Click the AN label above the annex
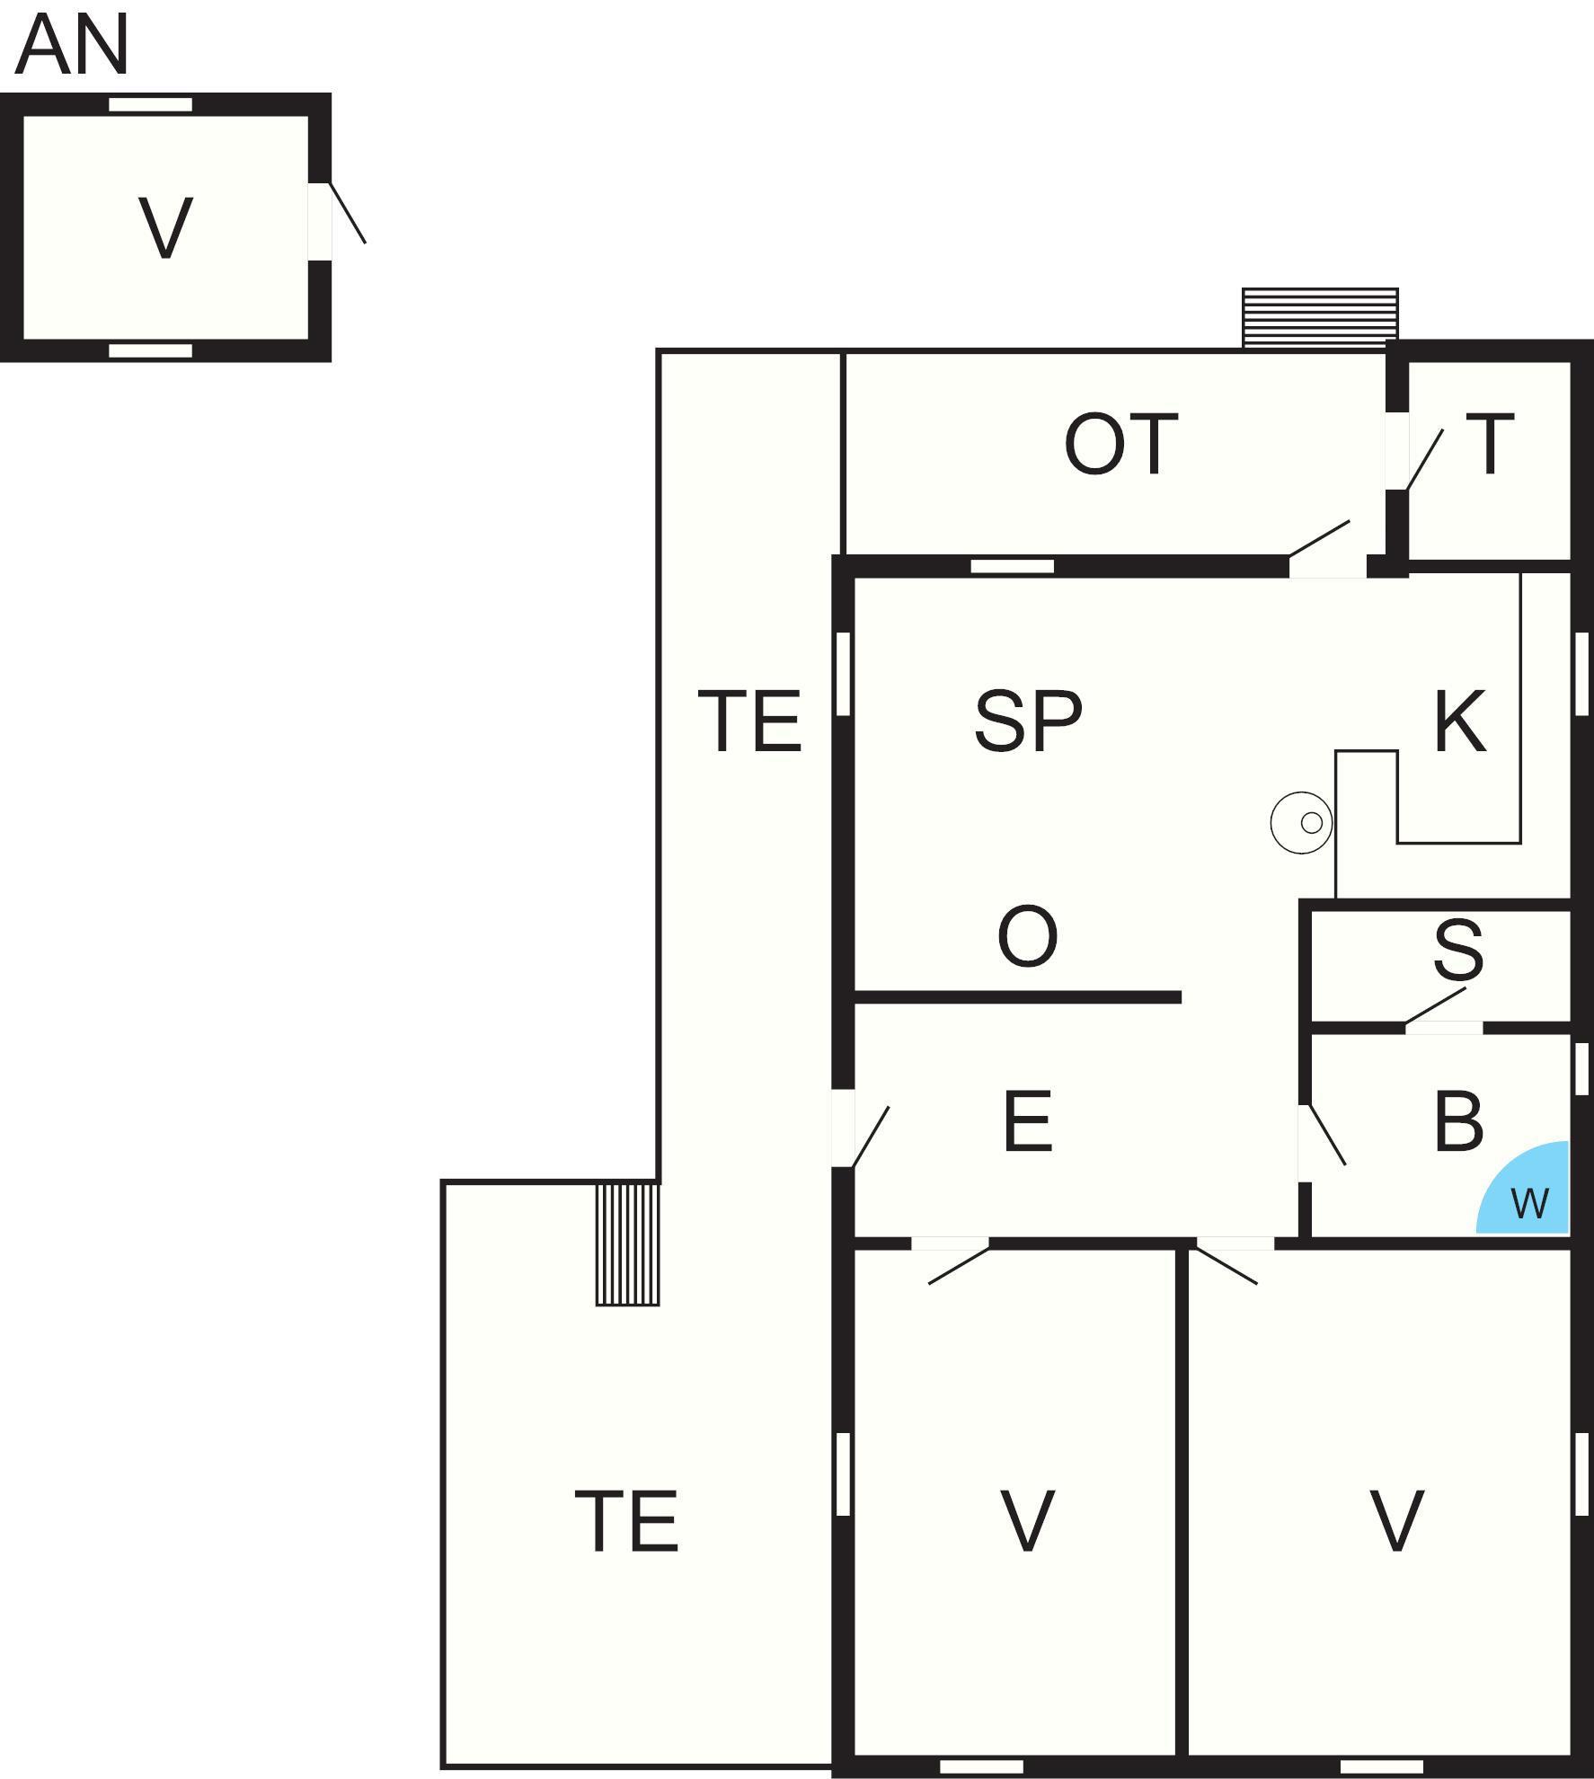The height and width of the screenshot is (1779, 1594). click(73, 46)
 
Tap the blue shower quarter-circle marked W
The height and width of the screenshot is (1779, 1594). click(1524, 1189)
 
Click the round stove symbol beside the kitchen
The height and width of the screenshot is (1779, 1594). click(1301, 822)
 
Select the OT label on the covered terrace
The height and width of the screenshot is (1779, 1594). click(1120, 444)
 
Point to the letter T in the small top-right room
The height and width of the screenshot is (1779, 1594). click(1490, 443)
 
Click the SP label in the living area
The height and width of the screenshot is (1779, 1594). click(1029, 721)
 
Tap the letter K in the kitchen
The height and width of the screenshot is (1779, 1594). click(1460, 721)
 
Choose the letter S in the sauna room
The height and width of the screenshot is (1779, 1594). click(1458, 949)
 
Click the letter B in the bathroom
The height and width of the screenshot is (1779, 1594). click(1458, 1121)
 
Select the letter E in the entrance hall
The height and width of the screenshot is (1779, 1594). click(1028, 1121)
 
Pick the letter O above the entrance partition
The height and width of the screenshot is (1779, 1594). click(1028, 936)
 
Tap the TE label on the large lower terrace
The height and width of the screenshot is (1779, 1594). click(626, 1520)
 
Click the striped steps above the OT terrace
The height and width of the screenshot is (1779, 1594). click(1320, 318)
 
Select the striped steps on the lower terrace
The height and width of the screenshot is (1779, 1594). click(628, 1244)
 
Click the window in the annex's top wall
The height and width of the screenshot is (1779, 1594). click(151, 104)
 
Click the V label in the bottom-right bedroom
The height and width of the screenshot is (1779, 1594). click(1396, 1520)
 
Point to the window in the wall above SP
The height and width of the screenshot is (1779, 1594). click(1013, 566)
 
